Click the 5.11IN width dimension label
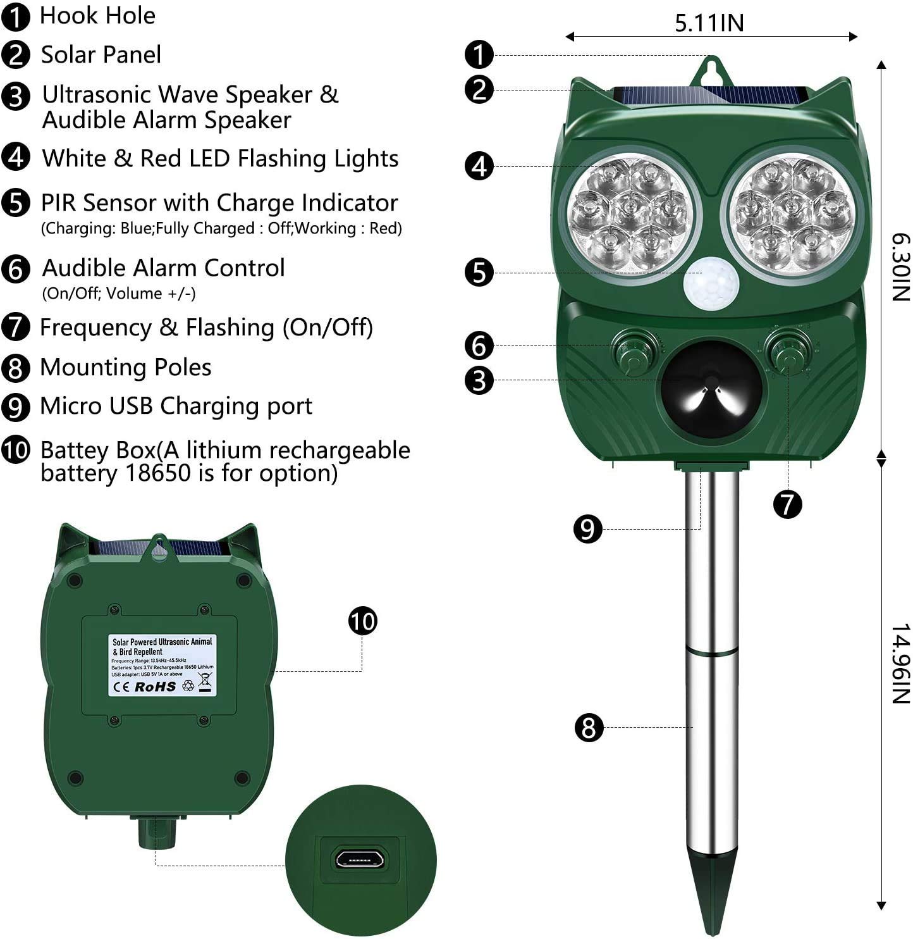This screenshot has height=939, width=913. point(709,23)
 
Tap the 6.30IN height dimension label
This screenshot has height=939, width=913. point(900,267)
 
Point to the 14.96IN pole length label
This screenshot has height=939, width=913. point(900,664)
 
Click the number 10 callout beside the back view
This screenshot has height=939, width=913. point(363,621)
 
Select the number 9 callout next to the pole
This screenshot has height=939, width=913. point(588,529)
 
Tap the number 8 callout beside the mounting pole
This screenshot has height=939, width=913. point(589,728)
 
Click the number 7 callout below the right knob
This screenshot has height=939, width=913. point(788,504)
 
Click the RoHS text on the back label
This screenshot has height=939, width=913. point(156,687)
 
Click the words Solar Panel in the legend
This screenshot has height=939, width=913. point(101,54)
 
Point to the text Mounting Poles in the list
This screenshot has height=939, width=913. point(125,367)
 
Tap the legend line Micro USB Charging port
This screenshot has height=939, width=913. point(176,406)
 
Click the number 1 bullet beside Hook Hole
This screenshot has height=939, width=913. point(16,16)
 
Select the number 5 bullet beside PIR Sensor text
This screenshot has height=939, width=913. point(16,203)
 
